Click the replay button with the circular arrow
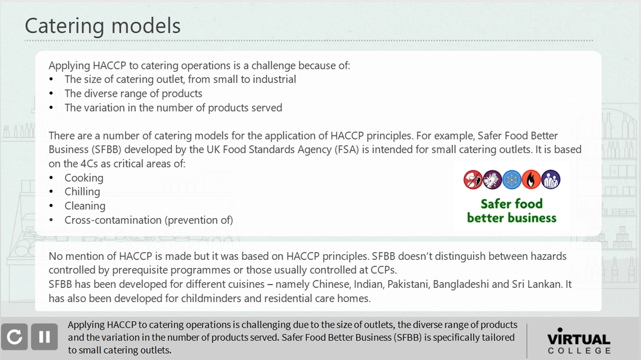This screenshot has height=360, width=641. [x=14, y=337]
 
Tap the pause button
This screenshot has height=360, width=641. [x=45, y=337]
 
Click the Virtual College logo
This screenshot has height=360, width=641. [x=579, y=341]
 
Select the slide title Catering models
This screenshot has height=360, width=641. [x=102, y=25]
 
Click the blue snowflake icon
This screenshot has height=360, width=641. [x=512, y=180]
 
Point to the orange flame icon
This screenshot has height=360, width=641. [x=531, y=180]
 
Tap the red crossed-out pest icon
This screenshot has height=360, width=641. [x=473, y=180]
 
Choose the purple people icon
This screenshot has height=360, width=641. [x=551, y=180]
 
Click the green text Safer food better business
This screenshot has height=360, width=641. [x=511, y=211]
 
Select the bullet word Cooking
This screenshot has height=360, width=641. [x=84, y=178]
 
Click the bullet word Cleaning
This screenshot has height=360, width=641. [x=85, y=206]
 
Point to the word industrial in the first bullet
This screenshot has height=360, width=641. [x=274, y=79]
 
